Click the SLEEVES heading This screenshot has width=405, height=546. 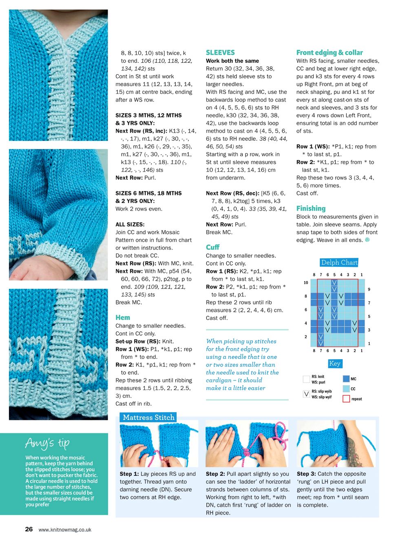pyautogui.click(x=220, y=53)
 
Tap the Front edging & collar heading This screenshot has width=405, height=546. pyautogui.click(x=330, y=53)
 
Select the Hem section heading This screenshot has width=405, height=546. pyautogui.click(x=123, y=317)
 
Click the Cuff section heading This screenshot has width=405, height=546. pyautogui.click(x=212, y=247)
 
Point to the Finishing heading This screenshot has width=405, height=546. pyautogui.click(x=311, y=209)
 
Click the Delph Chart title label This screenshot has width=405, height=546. pyautogui.click(x=339, y=262)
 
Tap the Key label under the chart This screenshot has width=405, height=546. pyautogui.click(x=334, y=364)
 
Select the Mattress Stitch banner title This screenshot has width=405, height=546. pyautogui.click(x=148, y=417)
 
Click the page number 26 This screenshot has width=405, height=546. pyautogui.click(x=29, y=529)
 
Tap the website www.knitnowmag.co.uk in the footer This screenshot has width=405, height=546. pyautogui.click(x=65, y=530)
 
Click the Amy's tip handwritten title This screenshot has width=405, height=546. pyautogui.click(x=47, y=443)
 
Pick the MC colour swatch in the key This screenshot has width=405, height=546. pyautogui.click(x=346, y=379)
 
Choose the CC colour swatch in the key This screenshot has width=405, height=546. pyautogui.click(x=346, y=389)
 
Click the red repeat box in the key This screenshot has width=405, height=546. pyautogui.click(x=346, y=399)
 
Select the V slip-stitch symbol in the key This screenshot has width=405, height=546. pyautogui.click(x=306, y=394)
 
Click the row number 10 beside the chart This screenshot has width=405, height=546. pyautogui.click(x=306, y=282)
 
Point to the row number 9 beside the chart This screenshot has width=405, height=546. pyautogui.click(x=369, y=289)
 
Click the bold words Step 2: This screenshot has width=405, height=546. pyautogui.click(x=215, y=474)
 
